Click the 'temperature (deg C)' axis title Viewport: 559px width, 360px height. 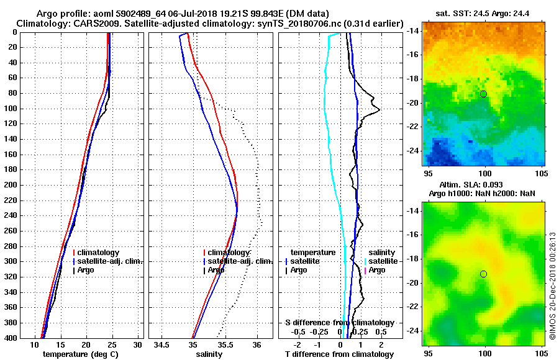(x=80, y=354)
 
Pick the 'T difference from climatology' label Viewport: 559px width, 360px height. (x=339, y=354)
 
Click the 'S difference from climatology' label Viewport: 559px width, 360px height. (x=339, y=323)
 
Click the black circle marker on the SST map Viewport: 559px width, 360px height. (x=483, y=94)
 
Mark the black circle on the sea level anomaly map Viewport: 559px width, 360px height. (x=483, y=274)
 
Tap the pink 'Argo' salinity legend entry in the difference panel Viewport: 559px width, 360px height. (x=377, y=270)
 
